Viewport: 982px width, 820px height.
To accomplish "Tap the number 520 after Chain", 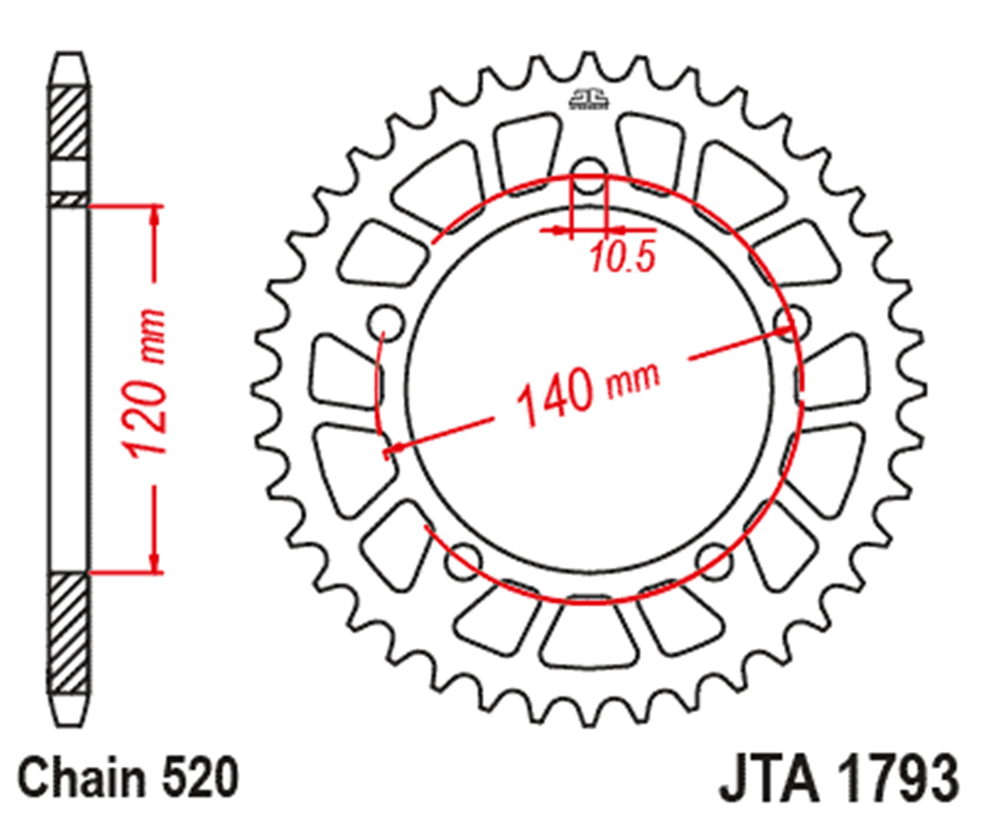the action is pos(200,777).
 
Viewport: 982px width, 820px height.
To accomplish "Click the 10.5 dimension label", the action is pos(622,256).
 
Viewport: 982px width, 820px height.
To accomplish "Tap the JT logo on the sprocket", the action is pos(588,99).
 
